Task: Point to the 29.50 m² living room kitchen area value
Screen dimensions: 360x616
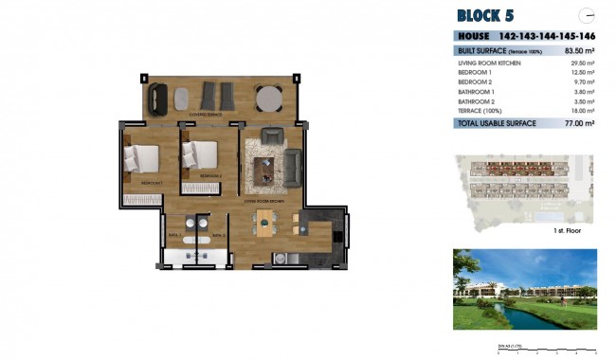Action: pyautogui.click(x=579, y=63)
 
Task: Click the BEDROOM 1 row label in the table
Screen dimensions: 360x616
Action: pyautogui.click(x=475, y=72)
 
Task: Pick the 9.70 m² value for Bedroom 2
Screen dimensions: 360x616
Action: pyautogui.click(x=581, y=81)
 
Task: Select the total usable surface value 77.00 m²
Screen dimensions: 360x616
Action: pyautogui.click(x=578, y=123)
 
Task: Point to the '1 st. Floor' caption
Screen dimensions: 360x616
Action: pyautogui.click(x=567, y=229)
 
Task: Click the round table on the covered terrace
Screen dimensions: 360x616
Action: pyautogui.click(x=268, y=97)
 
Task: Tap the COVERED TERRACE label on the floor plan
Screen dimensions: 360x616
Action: pyautogui.click(x=206, y=114)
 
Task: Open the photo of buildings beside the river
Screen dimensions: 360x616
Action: pyautogui.click(x=524, y=289)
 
